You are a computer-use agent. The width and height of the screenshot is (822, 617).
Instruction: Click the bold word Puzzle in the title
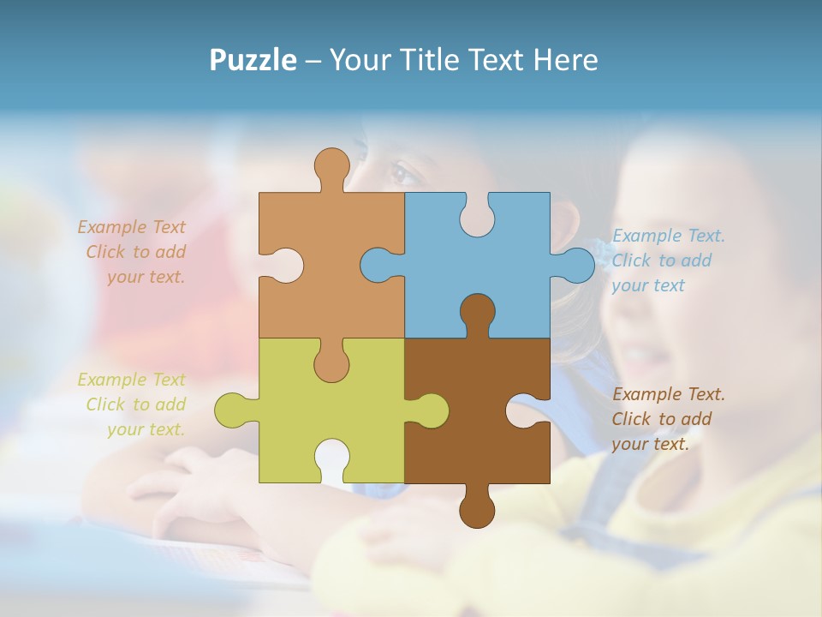[x=253, y=60]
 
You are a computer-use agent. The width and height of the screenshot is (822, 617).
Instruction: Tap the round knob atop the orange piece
[x=331, y=165]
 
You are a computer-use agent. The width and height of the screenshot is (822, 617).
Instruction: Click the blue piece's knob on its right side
[x=576, y=265]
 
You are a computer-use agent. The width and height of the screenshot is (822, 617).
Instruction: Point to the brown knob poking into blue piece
[x=477, y=312]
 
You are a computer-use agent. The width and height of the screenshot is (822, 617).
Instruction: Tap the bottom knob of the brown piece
[x=477, y=510]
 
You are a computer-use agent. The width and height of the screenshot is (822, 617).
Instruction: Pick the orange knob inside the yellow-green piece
[x=331, y=362]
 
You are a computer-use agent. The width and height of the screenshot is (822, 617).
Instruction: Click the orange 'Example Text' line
[x=131, y=227]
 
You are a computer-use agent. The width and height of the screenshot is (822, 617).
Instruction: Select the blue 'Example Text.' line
[x=669, y=236]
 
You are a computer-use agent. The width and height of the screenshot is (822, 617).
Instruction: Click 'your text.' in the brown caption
[x=650, y=444]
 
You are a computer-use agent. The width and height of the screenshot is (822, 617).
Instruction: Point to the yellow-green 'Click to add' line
[x=135, y=404]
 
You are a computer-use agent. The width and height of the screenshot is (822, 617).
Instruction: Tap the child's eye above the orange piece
[x=402, y=174]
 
